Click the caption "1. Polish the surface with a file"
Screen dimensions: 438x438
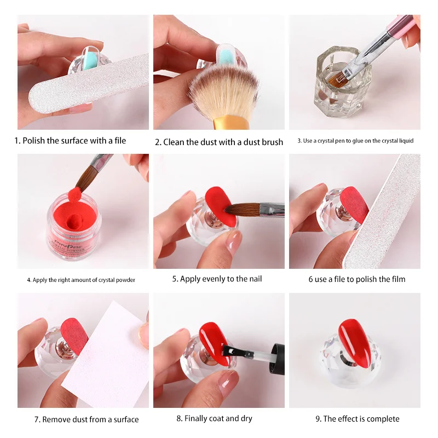coord(70,141)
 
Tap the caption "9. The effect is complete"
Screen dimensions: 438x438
coord(357,419)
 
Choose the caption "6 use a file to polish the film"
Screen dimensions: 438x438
coord(357,279)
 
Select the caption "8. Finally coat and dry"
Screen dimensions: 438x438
coord(214,418)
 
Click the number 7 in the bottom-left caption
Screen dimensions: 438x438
coord(37,419)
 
